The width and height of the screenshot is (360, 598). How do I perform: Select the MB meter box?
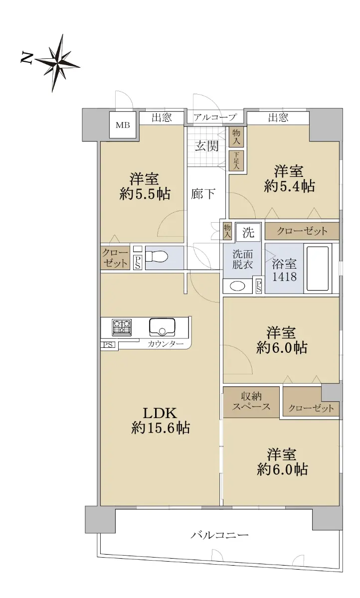point(123,125)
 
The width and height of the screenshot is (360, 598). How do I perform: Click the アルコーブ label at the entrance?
point(215,117)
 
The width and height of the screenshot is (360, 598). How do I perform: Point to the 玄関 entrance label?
point(207,146)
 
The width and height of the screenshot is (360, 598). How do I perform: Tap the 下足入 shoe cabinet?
point(236,160)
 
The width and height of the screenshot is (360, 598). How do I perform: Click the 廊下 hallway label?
point(203,193)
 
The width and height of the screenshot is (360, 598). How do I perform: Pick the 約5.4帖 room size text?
point(289,186)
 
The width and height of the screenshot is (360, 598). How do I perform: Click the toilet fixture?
point(156,257)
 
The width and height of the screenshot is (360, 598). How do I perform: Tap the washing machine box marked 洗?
point(248,232)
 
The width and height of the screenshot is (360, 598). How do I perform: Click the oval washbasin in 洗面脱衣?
point(237,287)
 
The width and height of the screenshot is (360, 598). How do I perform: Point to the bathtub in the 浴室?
point(318,268)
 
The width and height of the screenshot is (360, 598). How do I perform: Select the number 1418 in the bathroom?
point(284,277)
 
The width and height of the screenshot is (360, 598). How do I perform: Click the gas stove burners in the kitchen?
point(122,327)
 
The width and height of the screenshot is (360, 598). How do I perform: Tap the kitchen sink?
point(162,327)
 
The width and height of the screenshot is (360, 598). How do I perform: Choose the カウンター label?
point(166,344)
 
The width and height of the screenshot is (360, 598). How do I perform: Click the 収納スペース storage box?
point(251,402)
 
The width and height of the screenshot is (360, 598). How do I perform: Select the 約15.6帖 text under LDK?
point(161,428)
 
